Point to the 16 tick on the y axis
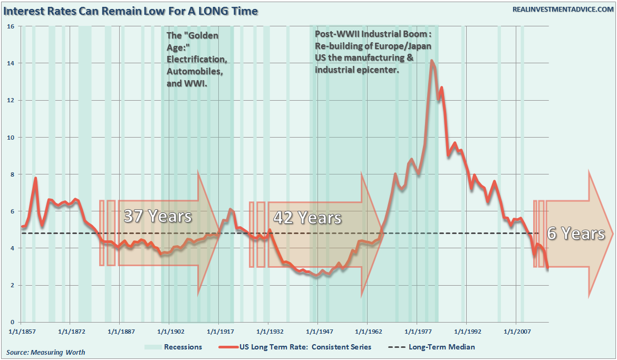click(10, 26)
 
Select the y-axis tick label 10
click(10, 137)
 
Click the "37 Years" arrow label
click(157, 216)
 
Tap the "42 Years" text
click(307, 217)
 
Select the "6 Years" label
click(576, 233)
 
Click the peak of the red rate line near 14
click(431, 61)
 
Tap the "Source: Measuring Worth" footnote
click(45, 352)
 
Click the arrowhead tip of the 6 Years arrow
click(613, 233)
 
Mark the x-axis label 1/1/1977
click(417, 332)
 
